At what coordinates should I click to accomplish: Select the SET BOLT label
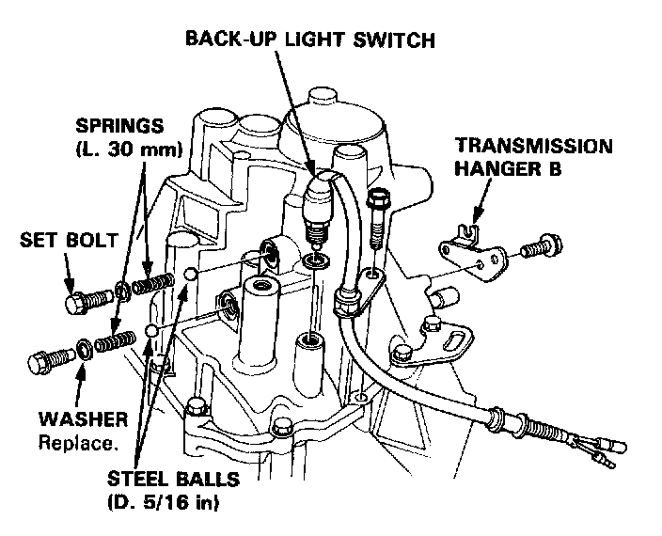click(x=69, y=240)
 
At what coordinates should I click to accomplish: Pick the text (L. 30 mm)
click(x=129, y=149)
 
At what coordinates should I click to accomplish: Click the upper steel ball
click(x=191, y=274)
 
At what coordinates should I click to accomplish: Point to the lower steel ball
click(x=152, y=331)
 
